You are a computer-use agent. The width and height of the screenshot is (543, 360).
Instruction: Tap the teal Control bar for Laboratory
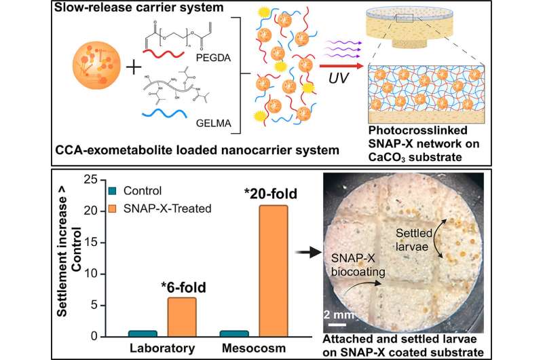(x=142, y=333)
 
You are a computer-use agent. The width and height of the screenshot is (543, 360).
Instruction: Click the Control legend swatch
(x=113, y=191)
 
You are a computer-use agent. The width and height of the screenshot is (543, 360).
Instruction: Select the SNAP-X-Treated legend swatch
(x=113, y=204)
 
